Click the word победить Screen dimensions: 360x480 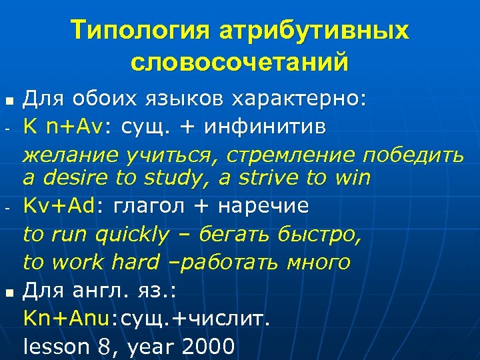412,156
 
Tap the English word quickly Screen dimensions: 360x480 132,235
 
